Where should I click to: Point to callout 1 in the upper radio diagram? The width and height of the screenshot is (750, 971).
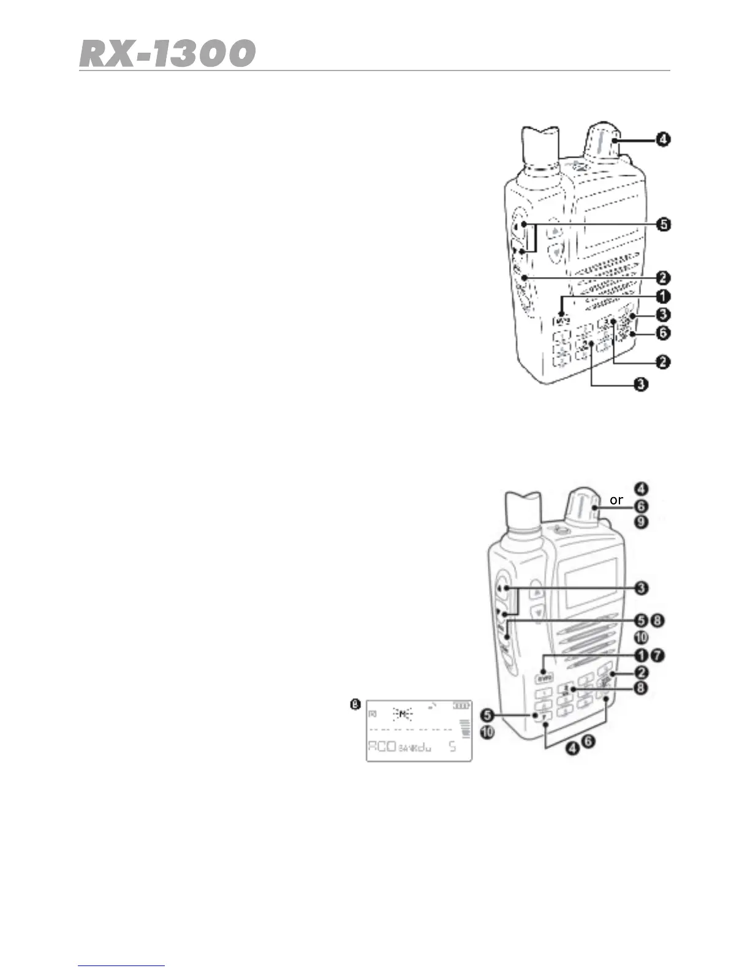(662, 297)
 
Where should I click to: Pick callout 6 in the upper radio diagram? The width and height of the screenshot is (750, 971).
(662, 333)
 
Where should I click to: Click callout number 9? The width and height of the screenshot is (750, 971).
(640, 522)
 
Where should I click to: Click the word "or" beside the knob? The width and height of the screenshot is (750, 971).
(616, 500)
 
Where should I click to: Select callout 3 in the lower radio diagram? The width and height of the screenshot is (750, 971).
(640, 588)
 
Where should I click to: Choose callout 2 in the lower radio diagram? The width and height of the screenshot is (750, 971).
(640, 672)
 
